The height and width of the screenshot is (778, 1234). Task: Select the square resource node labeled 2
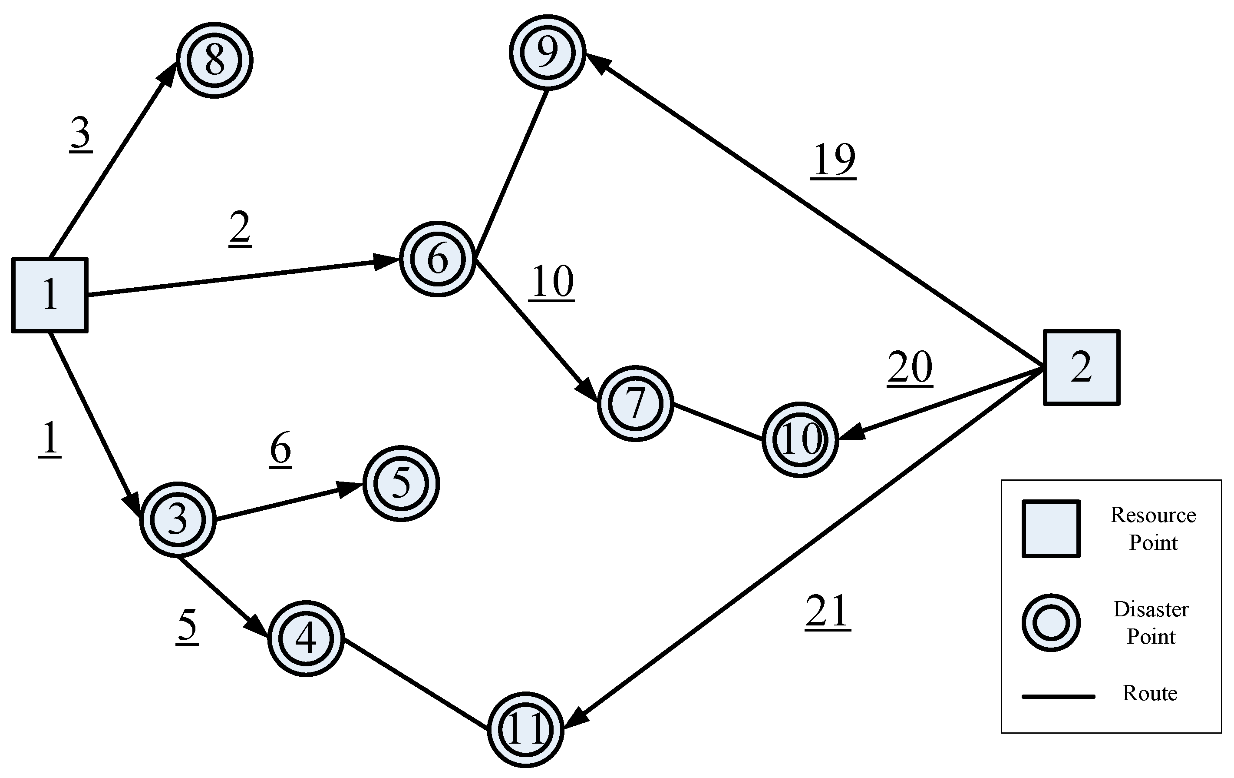pos(1081,367)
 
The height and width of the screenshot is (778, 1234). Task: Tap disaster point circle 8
pos(215,60)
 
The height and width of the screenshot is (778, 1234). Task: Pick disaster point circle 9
pos(547,52)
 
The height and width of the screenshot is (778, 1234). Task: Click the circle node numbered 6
pos(438,259)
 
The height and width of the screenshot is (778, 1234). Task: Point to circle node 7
pos(635,403)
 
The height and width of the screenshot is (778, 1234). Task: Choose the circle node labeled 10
pos(800,439)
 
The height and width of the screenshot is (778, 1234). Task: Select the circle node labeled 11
pos(526,729)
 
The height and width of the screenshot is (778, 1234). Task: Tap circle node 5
pos(401,483)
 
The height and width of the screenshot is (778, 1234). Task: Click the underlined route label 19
pos(834,160)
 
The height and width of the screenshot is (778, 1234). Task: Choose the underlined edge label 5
pos(187,626)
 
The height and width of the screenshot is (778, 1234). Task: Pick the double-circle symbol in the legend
pos(1051,622)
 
